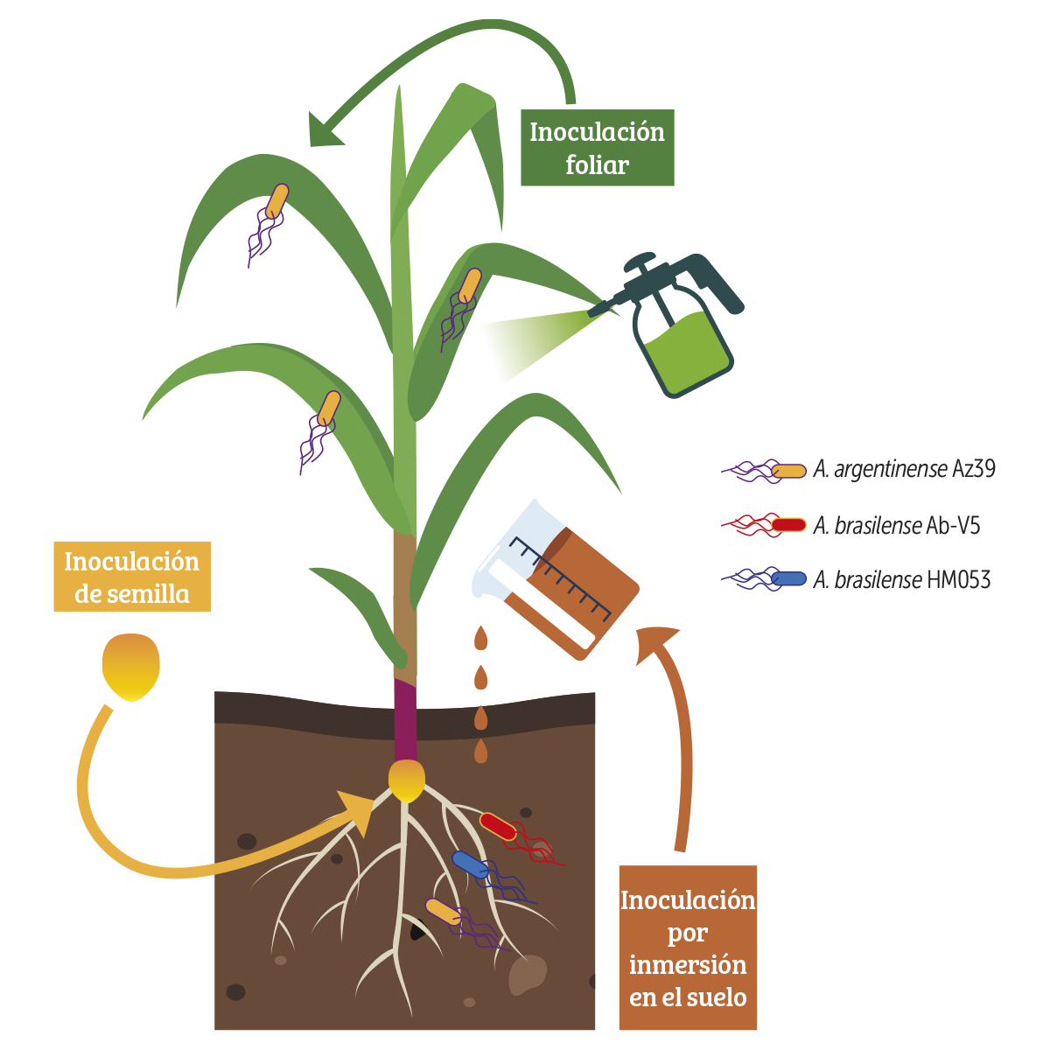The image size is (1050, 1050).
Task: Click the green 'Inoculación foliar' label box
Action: click(x=597, y=148)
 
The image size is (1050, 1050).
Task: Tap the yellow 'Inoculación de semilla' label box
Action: click(x=131, y=577)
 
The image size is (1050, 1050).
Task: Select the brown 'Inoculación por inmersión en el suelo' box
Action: click(x=688, y=948)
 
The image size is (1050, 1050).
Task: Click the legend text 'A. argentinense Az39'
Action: click(x=904, y=469)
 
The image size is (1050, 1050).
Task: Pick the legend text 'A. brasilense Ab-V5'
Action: click(x=897, y=525)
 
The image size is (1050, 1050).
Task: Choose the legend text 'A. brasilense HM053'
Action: click(x=901, y=579)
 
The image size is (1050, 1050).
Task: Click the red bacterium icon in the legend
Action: click(x=787, y=525)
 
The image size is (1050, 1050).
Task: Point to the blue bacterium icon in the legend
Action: click(x=789, y=578)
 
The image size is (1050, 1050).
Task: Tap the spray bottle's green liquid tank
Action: click(x=687, y=350)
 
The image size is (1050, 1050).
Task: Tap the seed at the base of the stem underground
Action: click(x=407, y=781)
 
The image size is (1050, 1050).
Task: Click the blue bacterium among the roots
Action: click(x=470, y=864)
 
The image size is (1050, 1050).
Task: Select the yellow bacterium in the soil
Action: click(x=443, y=911)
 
